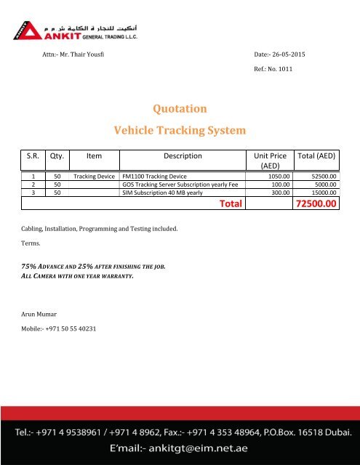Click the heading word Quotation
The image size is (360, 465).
click(x=179, y=108)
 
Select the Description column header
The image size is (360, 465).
click(x=182, y=155)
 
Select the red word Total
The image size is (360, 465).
click(x=231, y=205)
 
